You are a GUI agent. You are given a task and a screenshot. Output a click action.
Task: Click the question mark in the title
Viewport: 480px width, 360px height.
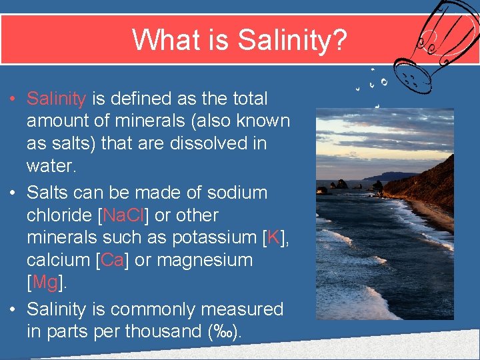[340, 39]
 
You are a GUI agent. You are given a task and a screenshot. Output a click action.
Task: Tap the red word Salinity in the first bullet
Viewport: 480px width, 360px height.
[56, 99]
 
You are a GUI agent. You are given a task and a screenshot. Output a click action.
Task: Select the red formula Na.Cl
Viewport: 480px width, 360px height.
[125, 215]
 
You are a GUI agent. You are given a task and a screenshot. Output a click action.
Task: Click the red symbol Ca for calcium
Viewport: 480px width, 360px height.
[113, 260]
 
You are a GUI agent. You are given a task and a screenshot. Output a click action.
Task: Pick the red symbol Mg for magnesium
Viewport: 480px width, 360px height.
[45, 282]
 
